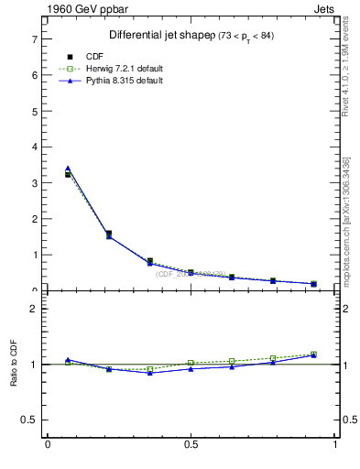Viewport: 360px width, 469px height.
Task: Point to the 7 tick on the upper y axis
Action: click(x=35, y=39)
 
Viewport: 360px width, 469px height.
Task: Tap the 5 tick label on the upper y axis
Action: click(x=35, y=112)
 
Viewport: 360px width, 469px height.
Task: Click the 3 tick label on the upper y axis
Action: click(x=35, y=183)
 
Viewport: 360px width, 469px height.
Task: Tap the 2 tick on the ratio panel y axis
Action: click(x=35, y=309)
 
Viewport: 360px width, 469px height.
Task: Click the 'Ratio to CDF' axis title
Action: click(x=15, y=377)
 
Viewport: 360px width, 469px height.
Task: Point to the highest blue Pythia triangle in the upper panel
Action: click(x=68, y=169)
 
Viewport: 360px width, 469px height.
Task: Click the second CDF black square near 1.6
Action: click(x=109, y=234)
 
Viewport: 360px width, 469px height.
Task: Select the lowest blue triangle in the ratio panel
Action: click(x=150, y=373)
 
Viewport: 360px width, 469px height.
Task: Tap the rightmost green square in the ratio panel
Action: click(x=313, y=354)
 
